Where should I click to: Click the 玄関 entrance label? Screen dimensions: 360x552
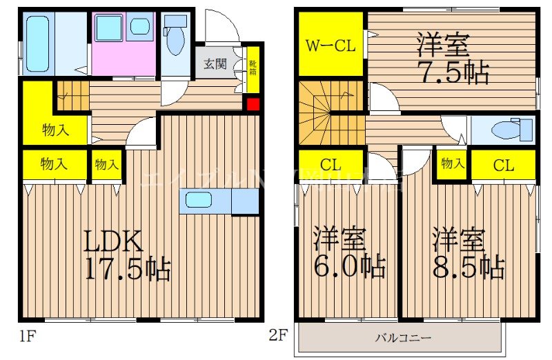point(215,65)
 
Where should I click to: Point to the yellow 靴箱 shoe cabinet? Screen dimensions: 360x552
point(253,68)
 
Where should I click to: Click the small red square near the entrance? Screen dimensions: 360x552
point(253,105)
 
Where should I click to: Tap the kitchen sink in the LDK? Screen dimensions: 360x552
point(199,201)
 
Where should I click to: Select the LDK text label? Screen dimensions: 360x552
point(114,241)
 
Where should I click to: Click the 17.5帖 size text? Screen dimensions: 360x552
point(128,268)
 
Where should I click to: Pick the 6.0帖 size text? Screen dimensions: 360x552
point(349,265)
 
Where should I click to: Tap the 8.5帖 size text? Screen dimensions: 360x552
point(469,265)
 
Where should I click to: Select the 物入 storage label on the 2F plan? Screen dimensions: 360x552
point(452,164)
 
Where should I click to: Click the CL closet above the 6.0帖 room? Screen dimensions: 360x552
point(331,165)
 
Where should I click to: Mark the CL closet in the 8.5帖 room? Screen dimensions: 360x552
point(504,165)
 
